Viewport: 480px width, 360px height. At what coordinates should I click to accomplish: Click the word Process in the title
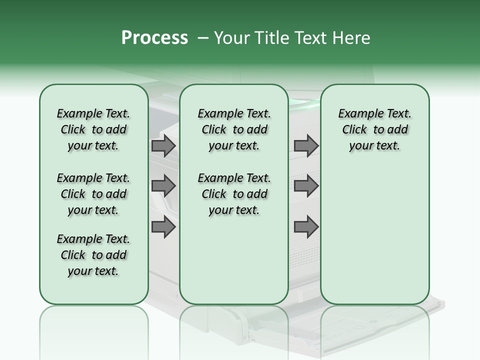coord(154,38)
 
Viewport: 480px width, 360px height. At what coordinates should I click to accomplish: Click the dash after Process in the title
coord(202,38)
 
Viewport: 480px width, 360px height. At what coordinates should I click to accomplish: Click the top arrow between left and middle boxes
coord(163,146)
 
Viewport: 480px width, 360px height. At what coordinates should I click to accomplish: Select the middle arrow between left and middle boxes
coord(163,186)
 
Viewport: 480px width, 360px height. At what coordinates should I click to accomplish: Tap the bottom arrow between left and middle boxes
coord(163,227)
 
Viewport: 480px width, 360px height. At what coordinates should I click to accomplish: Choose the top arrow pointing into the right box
coord(306,146)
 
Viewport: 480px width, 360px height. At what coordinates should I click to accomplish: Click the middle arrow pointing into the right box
coord(306,186)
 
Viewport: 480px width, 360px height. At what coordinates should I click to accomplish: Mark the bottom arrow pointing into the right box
coord(306,227)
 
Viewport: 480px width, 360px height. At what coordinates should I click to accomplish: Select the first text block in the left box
coord(93,129)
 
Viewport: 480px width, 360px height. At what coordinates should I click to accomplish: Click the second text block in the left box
coord(93,194)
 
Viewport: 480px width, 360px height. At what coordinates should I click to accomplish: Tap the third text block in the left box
coord(93,255)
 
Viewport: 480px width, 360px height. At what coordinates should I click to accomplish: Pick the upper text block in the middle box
coord(234,129)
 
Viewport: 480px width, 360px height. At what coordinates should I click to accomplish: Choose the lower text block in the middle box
coord(234,194)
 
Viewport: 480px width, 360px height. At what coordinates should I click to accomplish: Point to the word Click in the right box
coord(354,130)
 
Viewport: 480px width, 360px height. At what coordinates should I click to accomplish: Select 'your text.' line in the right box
coord(374,146)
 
